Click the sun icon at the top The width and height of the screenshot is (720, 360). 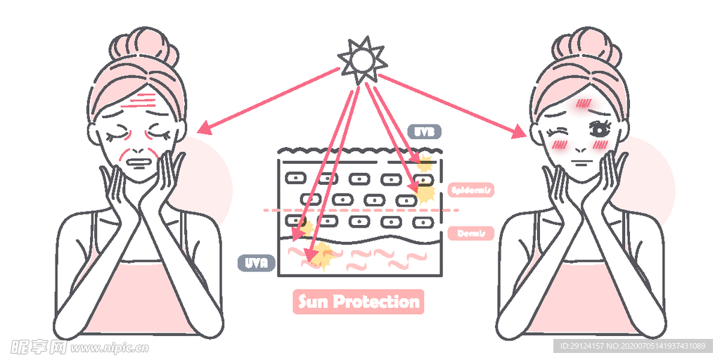pyautogui.click(x=361, y=60)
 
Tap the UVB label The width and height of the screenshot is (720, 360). pyautogui.click(x=424, y=131)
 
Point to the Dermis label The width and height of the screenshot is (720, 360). pyautogui.click(x=470, y=233)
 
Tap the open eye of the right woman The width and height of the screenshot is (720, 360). pyautogui.click(x=600, y=129)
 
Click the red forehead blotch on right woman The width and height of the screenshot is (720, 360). pyautogui.click(x=583, y=105)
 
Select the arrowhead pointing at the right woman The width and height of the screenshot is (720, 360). pyautogui.click(x=519, y=131)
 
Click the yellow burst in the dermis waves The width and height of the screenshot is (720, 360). pyautogui.click(x=322, y=255)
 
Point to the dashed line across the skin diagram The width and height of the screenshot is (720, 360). pyautogui.click(x=366, y=210)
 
